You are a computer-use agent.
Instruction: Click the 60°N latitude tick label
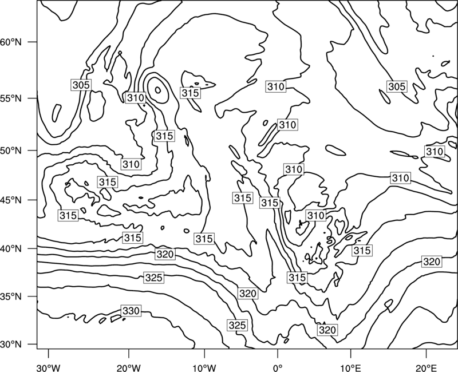click(x=11, y=42)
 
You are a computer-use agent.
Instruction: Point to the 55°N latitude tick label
click(x=11, y=98)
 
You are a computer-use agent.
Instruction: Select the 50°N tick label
click(x=11, y=151)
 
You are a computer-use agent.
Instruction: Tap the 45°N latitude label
click(x=11, y=200)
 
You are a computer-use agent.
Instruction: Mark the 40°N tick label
click(x=11, y=249)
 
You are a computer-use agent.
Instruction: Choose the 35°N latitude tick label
click(x=11, y=296)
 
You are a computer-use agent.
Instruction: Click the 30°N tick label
click(x=11, y=345)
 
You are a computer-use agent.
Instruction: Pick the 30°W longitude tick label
click(x=49, y=367)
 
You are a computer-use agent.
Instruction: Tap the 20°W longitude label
click(x=128, y=367)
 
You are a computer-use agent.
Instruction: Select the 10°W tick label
click(x=204, y=367)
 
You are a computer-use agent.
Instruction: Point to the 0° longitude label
click(x=278, y=367)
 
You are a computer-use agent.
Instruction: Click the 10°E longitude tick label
click(x=351, y=367)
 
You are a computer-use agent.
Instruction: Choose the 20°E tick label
click(x=426, y=367)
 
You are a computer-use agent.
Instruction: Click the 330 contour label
click(x=131, y=311)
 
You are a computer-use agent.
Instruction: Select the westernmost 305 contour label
click(x=81, y=85)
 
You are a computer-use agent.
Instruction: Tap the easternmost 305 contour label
click(x=397, y=86)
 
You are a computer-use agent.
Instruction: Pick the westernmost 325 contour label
click(x=153, y=278)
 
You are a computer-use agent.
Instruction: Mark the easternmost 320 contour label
click(x=432, y=262)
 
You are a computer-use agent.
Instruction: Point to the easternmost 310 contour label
click(x=435, y=152)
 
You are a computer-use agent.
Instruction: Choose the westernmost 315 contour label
click(x=68, y=216)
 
